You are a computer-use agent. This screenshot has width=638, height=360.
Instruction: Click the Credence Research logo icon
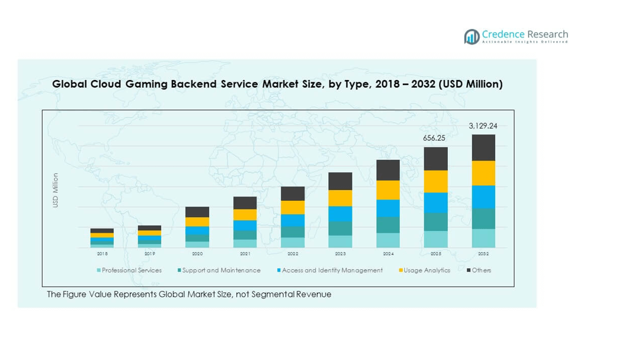tap(472, 37)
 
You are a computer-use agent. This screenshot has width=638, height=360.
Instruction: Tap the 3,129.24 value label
tap(483, 126)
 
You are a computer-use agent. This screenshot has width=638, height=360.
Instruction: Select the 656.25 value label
tap(434, 138)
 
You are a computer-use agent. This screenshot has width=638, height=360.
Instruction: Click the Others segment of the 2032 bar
tap(483, 147)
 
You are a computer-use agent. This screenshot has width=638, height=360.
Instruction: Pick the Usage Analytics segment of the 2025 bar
tap(435, 181)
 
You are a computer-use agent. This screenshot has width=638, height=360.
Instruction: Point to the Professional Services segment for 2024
tap(388, 240)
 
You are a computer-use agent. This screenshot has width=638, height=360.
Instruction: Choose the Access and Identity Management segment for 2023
tap(340, 214)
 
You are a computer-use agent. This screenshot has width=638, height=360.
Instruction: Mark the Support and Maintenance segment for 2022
tap(293, 232)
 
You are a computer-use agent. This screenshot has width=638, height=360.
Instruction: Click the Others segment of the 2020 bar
tap(197, 212)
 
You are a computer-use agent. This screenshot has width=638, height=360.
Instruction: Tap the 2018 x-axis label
tap(102, 253)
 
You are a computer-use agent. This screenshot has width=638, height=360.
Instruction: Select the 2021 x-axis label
tap(245, 253)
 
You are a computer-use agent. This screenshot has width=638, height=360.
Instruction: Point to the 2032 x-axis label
tap(483, 253)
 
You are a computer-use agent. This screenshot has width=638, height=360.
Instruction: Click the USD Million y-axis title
tap(56, 190)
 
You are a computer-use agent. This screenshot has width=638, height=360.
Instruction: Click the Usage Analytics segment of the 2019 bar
tap(149, 233)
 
